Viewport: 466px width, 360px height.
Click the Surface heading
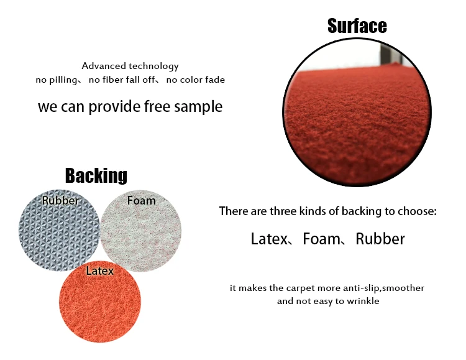coord(357,25)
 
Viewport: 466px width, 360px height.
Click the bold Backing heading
coord(96,175)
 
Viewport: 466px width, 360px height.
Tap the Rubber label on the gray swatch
coord(60,200)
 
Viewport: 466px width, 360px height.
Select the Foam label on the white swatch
coord(141,200)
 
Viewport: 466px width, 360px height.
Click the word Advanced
coord(103,66)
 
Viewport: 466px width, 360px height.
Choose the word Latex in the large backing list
coord(269,239)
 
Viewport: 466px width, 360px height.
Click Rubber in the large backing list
coord(380,239)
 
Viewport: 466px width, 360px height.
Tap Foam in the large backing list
coord(322,239)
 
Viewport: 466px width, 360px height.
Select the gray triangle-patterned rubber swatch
coord(59,230)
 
